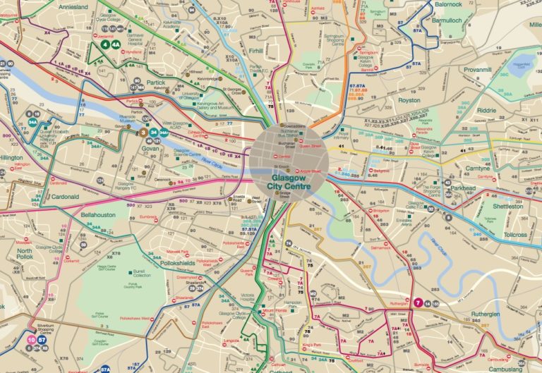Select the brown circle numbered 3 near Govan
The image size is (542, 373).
click(x=143, y=131)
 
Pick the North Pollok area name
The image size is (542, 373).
click(x=25, y=255)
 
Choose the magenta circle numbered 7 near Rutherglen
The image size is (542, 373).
click(x=418, y=302)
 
